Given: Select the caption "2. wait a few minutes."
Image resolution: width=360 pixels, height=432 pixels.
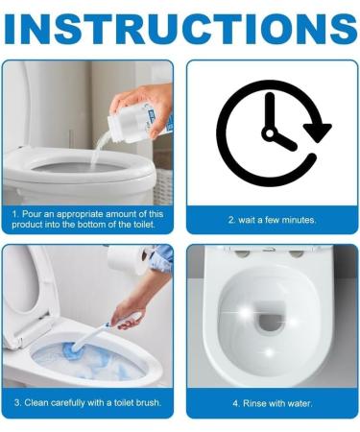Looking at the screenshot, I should [x=272, y=220].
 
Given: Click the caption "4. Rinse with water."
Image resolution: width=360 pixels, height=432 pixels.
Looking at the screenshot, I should [x=272, y=402].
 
